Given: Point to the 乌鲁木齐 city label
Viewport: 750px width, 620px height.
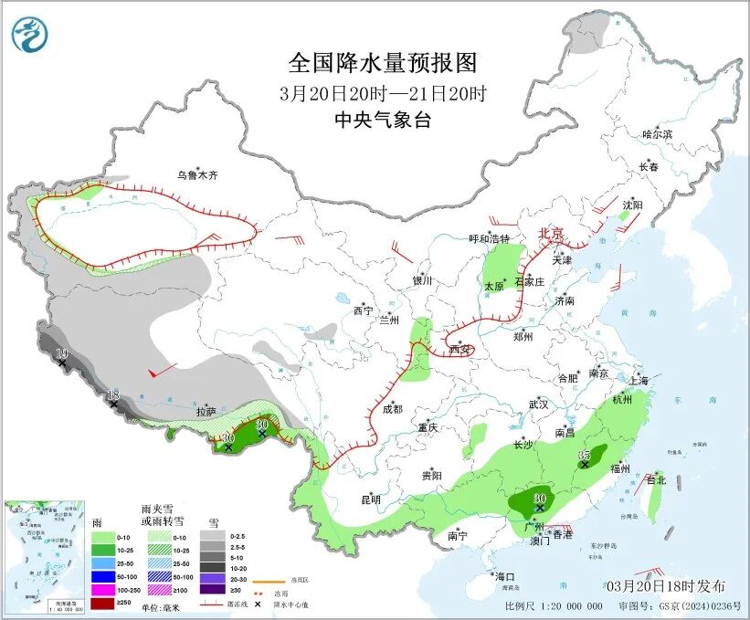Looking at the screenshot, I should tap(199, 174).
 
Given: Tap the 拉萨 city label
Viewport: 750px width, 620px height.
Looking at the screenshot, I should tap(205, 412).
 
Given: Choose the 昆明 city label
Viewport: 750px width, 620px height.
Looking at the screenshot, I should tap(370, 499).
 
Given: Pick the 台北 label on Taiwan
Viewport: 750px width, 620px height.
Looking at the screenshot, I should tap(656, 479).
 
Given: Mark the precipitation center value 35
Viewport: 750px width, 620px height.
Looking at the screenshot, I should tap(585, 455).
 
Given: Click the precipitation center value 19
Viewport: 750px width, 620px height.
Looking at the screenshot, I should tap(61, 354).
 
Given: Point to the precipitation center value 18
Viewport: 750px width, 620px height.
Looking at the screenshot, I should tap(113, 394).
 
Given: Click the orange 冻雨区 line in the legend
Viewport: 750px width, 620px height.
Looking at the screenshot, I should tap(268, 581).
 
